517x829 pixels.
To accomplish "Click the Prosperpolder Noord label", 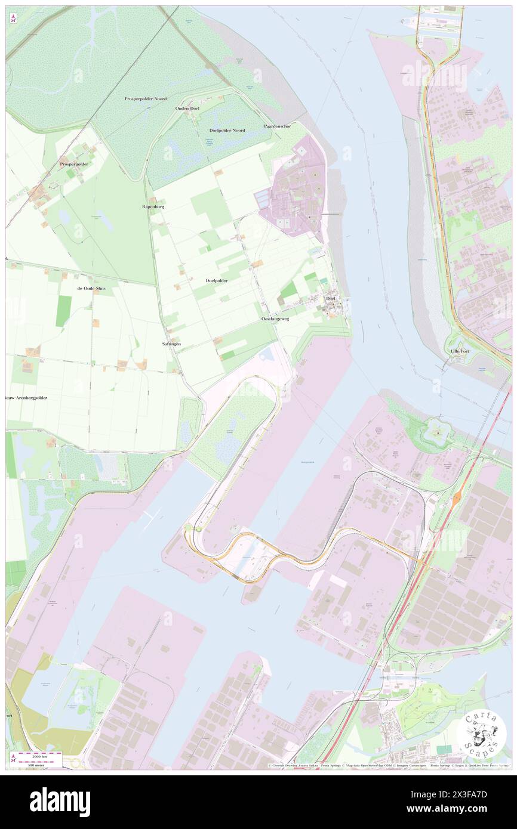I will click(146, 98).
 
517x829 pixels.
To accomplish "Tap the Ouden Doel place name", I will click(187, 109).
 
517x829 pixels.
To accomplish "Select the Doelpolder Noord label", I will click(227, 130).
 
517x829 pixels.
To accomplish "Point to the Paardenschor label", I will click(278, 126).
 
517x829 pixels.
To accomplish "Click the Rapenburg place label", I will click(153, 206).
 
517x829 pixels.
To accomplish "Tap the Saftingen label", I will click(171, 345).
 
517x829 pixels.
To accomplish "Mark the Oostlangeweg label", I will click(275, 319).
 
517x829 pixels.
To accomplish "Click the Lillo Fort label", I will click(460, 351).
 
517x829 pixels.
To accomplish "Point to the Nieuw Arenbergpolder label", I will click(26, 397).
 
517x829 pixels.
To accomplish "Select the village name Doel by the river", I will click(331, 298).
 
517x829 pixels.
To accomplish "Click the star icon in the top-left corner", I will click(14, 18).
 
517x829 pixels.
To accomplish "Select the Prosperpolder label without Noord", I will click(74, 163).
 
